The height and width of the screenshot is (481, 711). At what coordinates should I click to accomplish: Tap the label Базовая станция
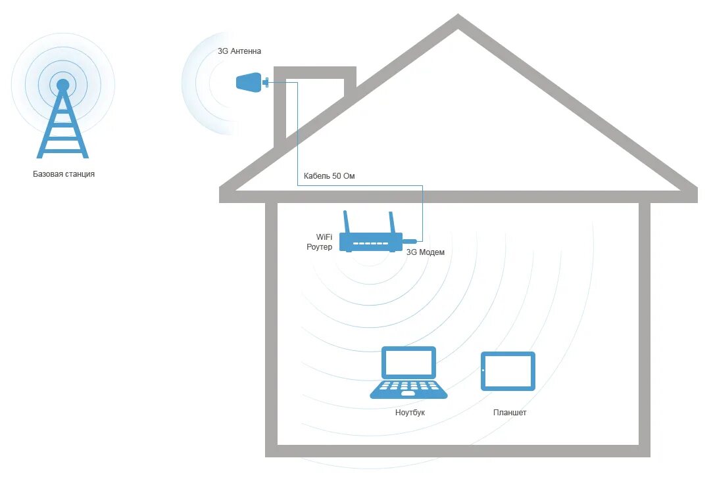click(64, 174)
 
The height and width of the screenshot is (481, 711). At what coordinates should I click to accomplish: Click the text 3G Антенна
click(239, 51)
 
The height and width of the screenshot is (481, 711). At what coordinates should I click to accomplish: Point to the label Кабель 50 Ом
click(329, 176)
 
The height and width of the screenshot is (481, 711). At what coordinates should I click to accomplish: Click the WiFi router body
click(371, 242)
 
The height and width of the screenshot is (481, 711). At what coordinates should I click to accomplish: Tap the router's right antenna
click(393, 223)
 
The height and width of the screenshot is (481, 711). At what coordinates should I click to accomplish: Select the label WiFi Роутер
click(320, 241)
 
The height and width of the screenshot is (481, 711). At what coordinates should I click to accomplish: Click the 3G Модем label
click(426, 252)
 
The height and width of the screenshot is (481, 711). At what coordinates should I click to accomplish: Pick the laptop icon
click(408, 373)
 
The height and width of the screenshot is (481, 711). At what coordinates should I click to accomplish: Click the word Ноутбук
click(410, 413)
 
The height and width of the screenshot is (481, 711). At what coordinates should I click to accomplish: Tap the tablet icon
click(508, 371)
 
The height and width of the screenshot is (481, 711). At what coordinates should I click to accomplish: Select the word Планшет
click(510, 413)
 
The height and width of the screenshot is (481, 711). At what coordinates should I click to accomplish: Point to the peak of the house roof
click(458, 21)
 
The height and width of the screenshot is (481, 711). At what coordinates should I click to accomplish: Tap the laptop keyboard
click(408, 387)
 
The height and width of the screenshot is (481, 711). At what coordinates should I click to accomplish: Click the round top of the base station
click(62, 85)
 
